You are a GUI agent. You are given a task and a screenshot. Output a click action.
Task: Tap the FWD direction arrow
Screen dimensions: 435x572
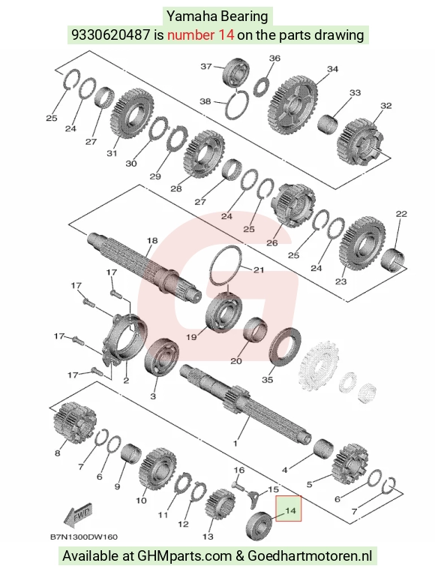78,515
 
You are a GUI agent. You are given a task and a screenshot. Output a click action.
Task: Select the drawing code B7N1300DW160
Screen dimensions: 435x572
84,537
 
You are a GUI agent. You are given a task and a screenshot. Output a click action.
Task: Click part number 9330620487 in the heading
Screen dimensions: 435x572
110,35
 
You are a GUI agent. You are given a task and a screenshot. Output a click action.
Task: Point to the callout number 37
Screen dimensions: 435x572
206,66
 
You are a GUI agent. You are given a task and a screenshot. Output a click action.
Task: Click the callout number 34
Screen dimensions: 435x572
332,69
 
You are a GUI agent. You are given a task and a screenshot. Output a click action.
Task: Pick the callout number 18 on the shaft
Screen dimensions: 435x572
152,240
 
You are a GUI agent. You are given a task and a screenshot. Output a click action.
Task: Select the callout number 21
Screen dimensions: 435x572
259,270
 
